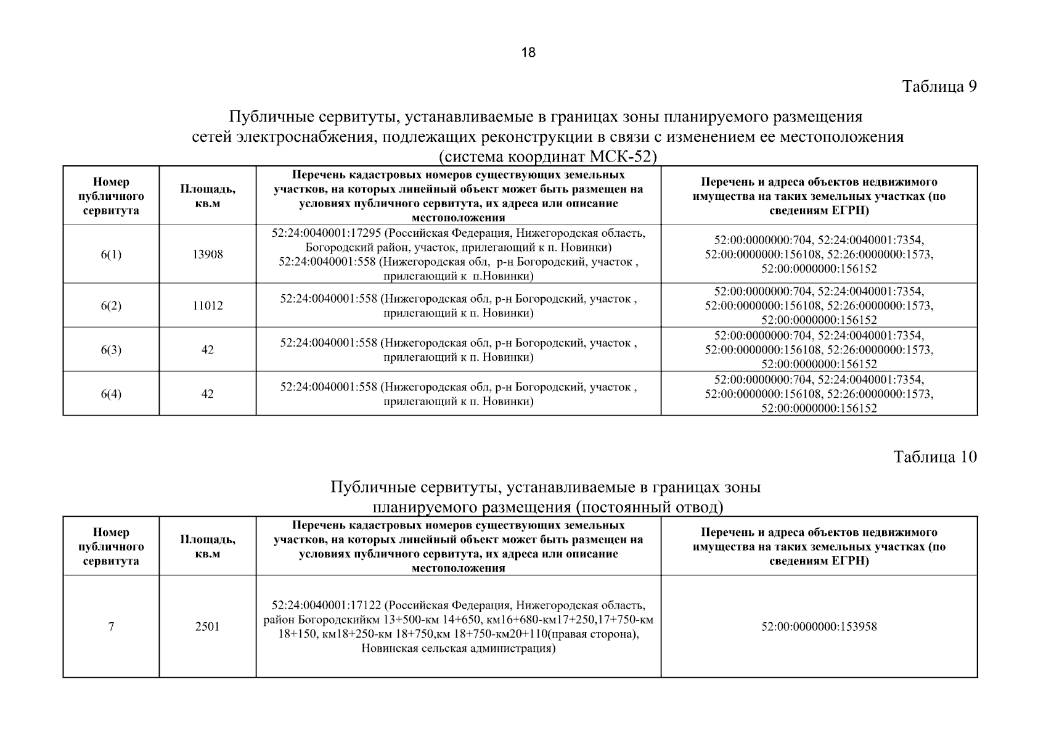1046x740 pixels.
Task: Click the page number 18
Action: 528,52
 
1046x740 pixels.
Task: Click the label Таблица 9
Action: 939,86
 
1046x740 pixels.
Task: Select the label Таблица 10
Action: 935,457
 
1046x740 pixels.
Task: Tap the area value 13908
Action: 208,254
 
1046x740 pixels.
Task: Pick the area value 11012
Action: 208,306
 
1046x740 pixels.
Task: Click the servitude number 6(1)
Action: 111,254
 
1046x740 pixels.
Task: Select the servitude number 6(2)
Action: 111,306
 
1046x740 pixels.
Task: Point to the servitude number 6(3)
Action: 111,350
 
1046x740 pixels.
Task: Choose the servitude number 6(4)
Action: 111,394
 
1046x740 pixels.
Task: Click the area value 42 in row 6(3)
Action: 208,350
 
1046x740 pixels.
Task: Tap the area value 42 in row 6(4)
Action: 208,394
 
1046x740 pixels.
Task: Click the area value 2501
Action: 208,627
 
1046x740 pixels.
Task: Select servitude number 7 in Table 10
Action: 111,627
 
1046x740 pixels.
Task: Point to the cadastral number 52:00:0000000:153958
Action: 819,627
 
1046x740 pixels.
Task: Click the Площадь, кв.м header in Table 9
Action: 208,196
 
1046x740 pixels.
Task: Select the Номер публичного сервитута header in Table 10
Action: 111,546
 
